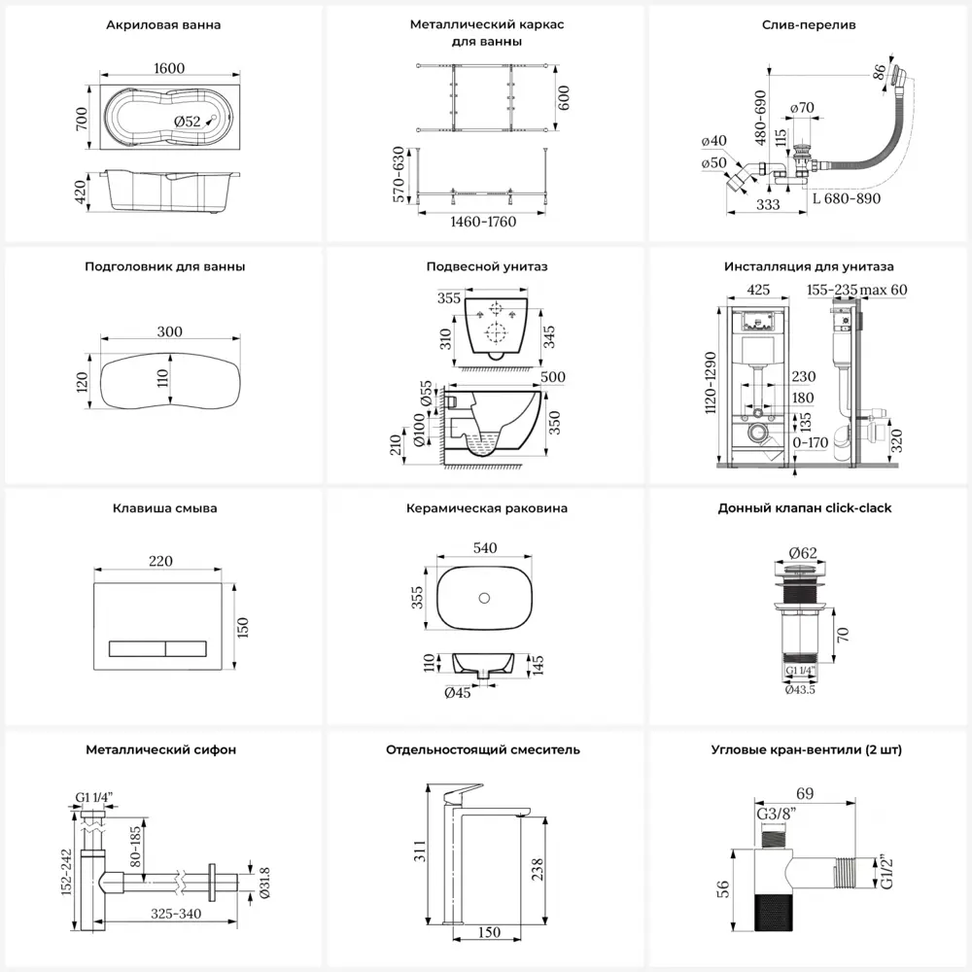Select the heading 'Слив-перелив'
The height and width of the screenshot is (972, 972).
pos(809,25)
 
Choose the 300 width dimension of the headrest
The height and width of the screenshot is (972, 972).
pos(169,331)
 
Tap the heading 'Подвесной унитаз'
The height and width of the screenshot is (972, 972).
pos(486,266)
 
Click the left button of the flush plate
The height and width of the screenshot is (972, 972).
pos(135,645)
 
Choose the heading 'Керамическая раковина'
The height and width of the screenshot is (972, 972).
pos(486,508)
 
